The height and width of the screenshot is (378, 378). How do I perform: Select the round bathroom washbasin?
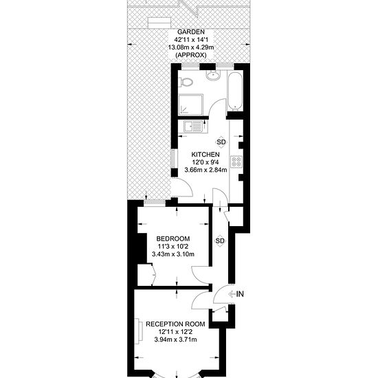[x=212, y=76]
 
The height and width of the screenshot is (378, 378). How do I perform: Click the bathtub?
[x=234, y=90]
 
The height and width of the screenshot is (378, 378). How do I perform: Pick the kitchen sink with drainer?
[x=194, y=127]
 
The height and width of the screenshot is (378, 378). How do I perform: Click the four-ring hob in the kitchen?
[x=236, y=163]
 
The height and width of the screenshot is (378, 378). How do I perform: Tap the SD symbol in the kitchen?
[x=220, y=141]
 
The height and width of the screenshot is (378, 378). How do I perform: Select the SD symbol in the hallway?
[x=220, y=241]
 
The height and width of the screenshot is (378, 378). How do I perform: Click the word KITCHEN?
[x=205, y=154]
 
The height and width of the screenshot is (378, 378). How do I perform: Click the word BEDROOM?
[x=173, y=238]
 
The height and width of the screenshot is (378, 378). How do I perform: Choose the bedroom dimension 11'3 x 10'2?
[x=173, y=247]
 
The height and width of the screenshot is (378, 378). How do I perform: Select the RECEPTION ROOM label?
[x=175, y=324]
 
